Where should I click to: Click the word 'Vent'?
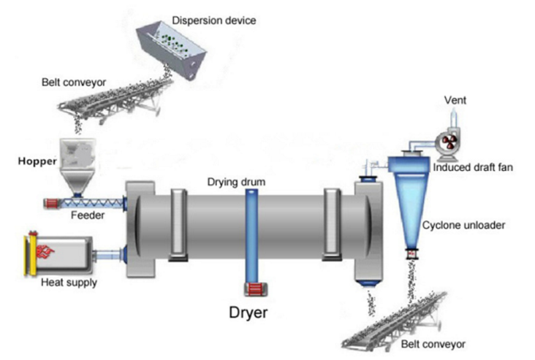click(x=455, y=100)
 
